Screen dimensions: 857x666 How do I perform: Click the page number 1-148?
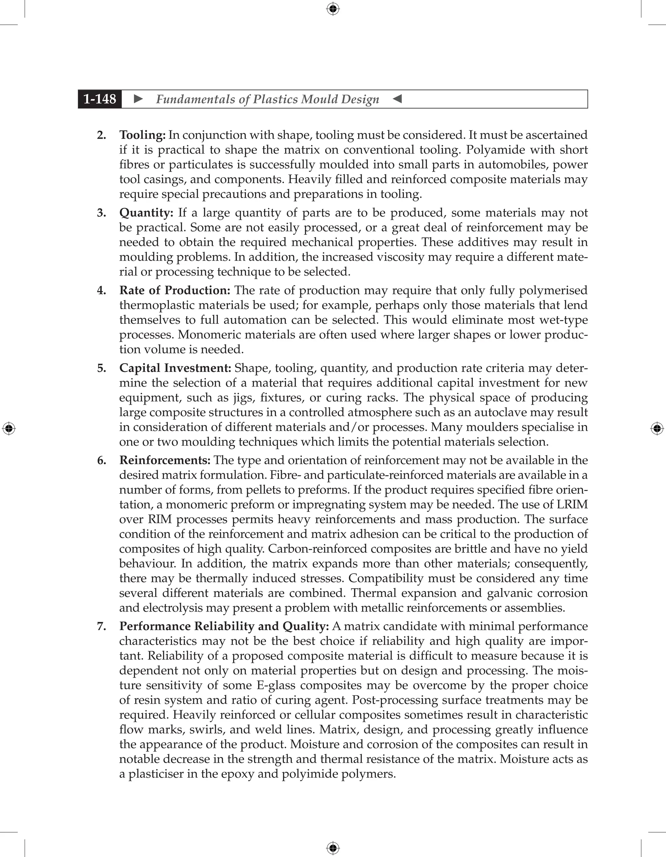tap(100, 99)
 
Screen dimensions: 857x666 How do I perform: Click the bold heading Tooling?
tap(142, 135)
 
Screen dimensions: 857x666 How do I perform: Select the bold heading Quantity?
tap(146, 213)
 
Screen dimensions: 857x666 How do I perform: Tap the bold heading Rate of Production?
tap(175, 290)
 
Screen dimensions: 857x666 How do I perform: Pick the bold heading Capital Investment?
tap(175, 368)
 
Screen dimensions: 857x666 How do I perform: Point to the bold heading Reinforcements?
tap(165, 460)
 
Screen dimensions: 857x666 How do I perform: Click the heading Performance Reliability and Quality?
tap(224, 626)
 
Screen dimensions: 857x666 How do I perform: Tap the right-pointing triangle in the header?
tap(138, 99)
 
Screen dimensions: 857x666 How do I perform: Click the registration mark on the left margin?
tap(9, 429)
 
